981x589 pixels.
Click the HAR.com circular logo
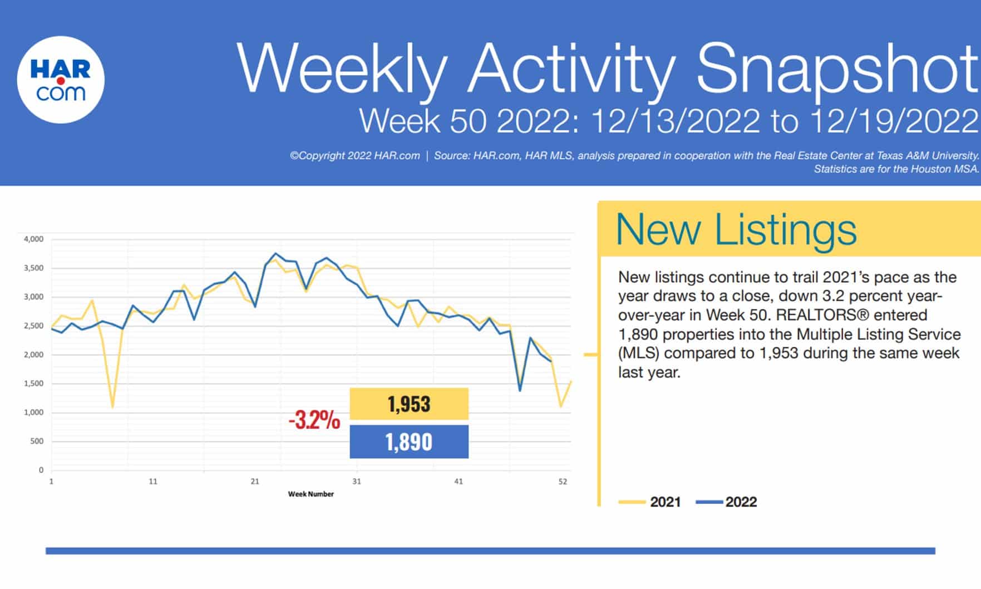pyautogui.click(x=61, y=80)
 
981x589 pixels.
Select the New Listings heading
pyautogui.click(x=736, y=229)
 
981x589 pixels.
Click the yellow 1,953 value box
pyautogui.click(x=409, y=404)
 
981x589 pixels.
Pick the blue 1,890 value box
pyautogui.click(x=409, y=442)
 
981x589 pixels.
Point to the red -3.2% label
pyautogui.click(x=314, y=420)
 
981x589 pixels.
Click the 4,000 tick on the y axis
pyautogui.click(x=33, y=239)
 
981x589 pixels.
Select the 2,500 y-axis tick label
pyautogui.click(x=33, y=326)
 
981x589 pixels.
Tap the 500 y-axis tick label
pyautogui.click(x=37, y=441)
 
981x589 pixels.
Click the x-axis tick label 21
pyautogui.click(x=255, y=482)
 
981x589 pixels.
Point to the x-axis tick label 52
pyautogui.click(x=563, y=482)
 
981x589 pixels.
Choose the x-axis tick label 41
pyautogui.click(x=459, y=482)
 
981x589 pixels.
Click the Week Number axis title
pyautogui.click(x=310, y=494)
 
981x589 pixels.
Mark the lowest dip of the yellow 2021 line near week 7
pyautogui.click(x=112, y=407)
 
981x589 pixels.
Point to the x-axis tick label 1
pyautogui.click(x=51, y=482)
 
